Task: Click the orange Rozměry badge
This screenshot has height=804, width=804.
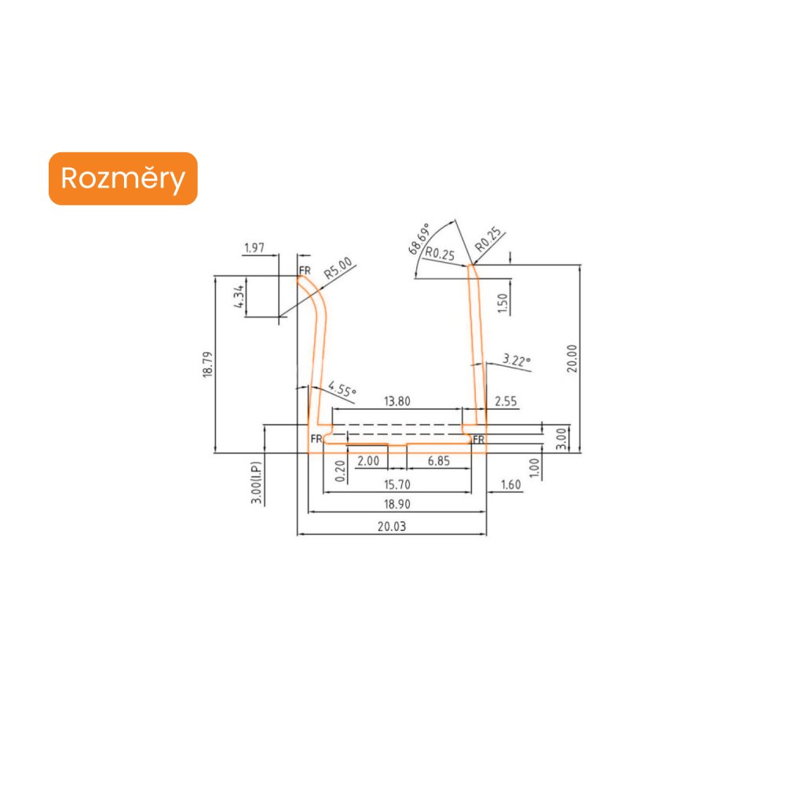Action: pos(122,179)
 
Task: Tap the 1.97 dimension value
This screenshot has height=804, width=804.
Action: pos(254,248)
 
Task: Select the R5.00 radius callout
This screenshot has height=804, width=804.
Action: pos(338,269)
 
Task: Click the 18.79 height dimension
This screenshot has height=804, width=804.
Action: pos(207,364)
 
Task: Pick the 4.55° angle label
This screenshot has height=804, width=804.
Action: pos(342,388)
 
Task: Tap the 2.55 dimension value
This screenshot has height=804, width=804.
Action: pos(506,401)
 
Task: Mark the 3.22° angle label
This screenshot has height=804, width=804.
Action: pos(516,360)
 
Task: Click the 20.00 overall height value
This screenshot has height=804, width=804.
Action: pos(572,359)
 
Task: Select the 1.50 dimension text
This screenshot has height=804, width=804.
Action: pos(503,299)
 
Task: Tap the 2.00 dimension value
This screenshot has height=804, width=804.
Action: pos(367,462)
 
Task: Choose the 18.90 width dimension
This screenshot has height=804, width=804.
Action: pos(396,504)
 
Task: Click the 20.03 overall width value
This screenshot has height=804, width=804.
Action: pos(391,527)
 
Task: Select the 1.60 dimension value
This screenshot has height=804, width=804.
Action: pos(510,485)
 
